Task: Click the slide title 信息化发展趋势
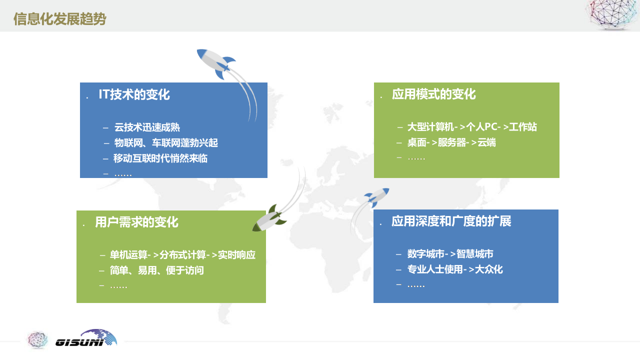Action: pyautogui.click(x=59, y=19)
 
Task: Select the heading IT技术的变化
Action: pyautogui.click(x=134, y=94)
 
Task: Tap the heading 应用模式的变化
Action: pyautogui.click(x=433, y=94)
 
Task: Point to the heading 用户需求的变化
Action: pyautogui.click(x=136, y=222)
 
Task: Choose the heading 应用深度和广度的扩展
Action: pyautogui.click(x=451, y=221)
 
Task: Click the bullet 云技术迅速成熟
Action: pyautogui.click(x=147, y=127)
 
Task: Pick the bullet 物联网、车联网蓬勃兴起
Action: pyautogui.click(x=166, y=143)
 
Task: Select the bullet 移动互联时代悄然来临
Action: pyautogui.click(x=160, y=158)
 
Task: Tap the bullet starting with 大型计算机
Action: pyautogui.click(x=472, y=127)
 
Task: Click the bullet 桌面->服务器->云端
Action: pyautogui.click(x=451, y=142)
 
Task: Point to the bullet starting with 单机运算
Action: pyautogui.click(x=182, y=255)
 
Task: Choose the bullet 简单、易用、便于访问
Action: pyautogui.click(x=157, y=270)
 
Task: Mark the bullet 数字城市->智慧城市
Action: pyautogui.click(x=450, y=254)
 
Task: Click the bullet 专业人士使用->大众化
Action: pyautogui.click(x=455, y=269)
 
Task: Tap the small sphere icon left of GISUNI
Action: pyautogui.click(x=37, y=339)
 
